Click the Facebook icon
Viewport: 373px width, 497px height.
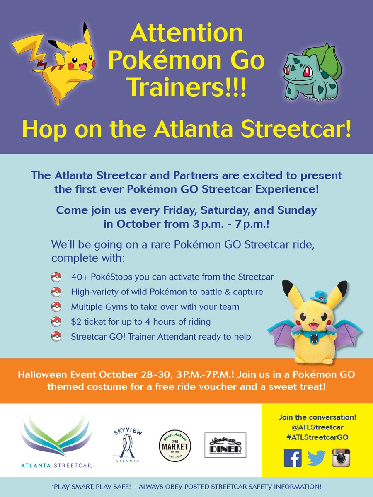[x=293, y=458]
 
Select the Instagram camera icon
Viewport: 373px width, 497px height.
[x=341, y=458]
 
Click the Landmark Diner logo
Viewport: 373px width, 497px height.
[x=225, y=445]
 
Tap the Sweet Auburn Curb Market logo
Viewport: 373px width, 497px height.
[x=175, y=445]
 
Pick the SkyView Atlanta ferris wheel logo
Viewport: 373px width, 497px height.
[x=128, y=445]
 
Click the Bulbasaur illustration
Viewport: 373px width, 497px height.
[x=312, y=72]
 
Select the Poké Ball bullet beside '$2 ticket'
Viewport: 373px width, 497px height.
[x=56, y=321]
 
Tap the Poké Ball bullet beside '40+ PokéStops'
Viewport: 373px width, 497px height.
[x=56, y=277]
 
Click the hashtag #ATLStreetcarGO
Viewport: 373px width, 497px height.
[x=317, y=437]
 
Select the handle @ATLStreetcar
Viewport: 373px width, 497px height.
[x=317, y=427]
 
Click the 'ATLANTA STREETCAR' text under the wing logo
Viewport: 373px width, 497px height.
[x=56, y=466]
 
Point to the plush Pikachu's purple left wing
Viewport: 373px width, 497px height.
[x=283, y=335]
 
